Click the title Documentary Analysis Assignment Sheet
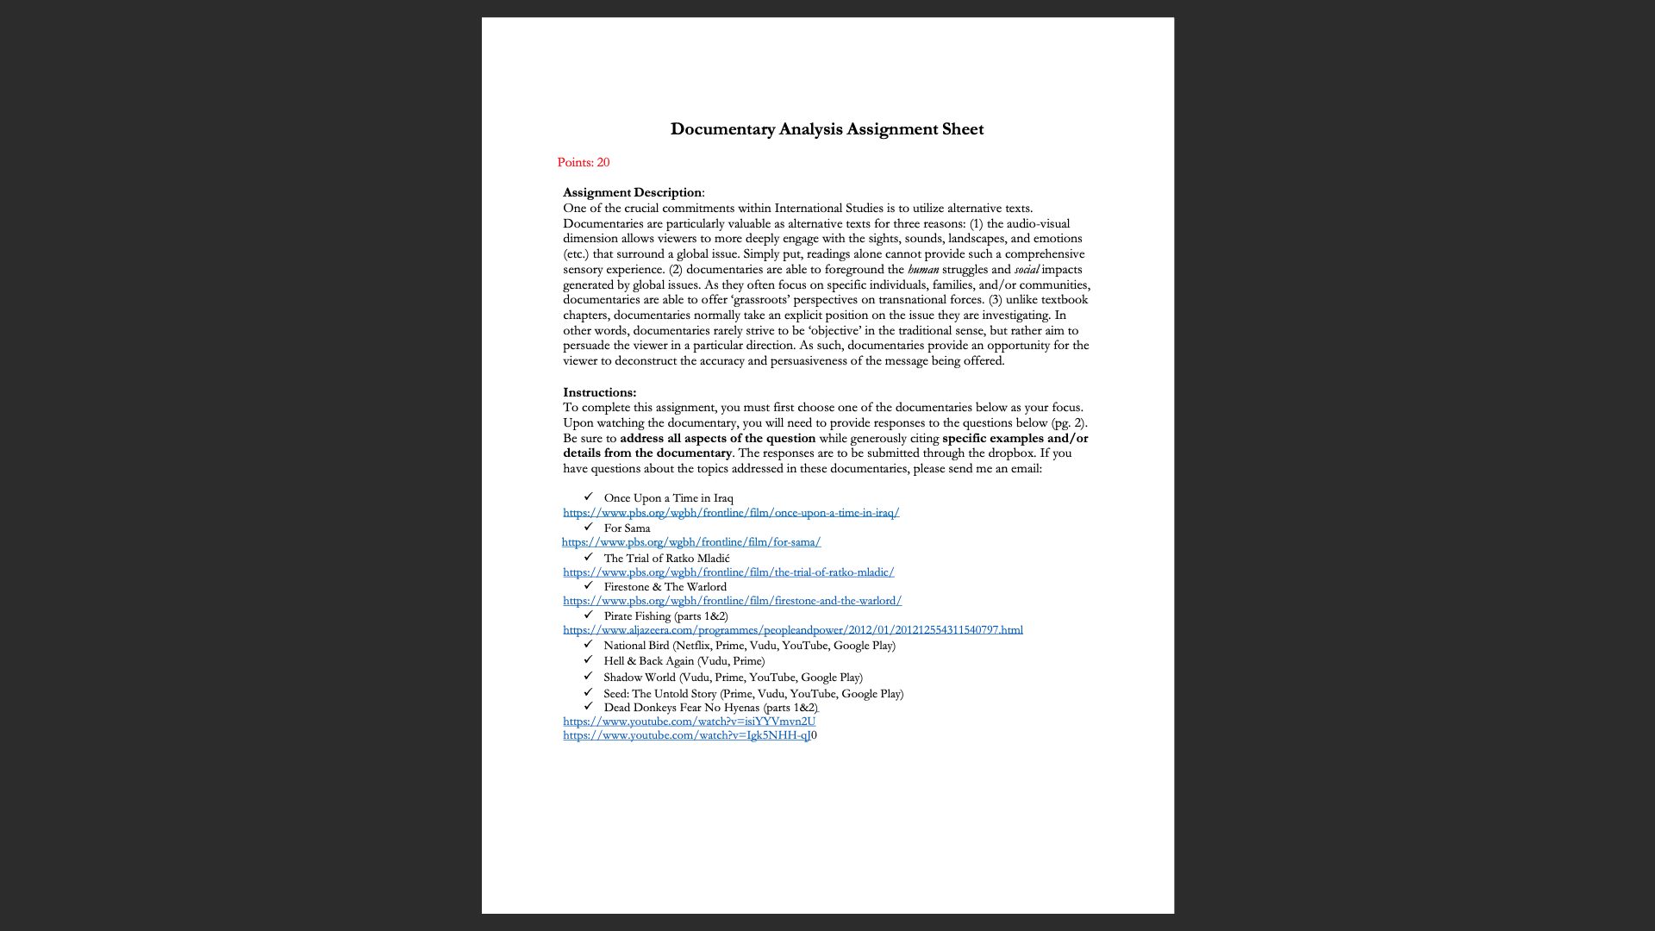(x=827, y=129)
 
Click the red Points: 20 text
(x=583, y=163)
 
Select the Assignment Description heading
(x=632, y=192)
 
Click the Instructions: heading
(x=599, y=392)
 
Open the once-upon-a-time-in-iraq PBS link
(x=730, y=513)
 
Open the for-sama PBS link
(x=690, y=542)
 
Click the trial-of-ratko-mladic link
(x=728, y=572)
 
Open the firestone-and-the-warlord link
(x=732, y=601)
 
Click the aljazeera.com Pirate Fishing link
(x=792, y=630)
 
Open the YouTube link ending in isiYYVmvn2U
(x=689, y=722)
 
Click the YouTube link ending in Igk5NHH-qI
(x=686, y=735)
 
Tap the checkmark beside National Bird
(x=588, y=645)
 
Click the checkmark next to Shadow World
(x=588, y=677)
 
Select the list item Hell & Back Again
(x=684, y=661)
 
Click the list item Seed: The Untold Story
(x=753, y=694)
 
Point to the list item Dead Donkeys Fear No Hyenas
(x=709, y=708)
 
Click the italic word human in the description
(x=922, y=270)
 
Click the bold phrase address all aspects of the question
(x=717, y=438)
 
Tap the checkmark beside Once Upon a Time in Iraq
(x=588, y=497)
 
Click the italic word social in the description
(x=1026, y=270)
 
